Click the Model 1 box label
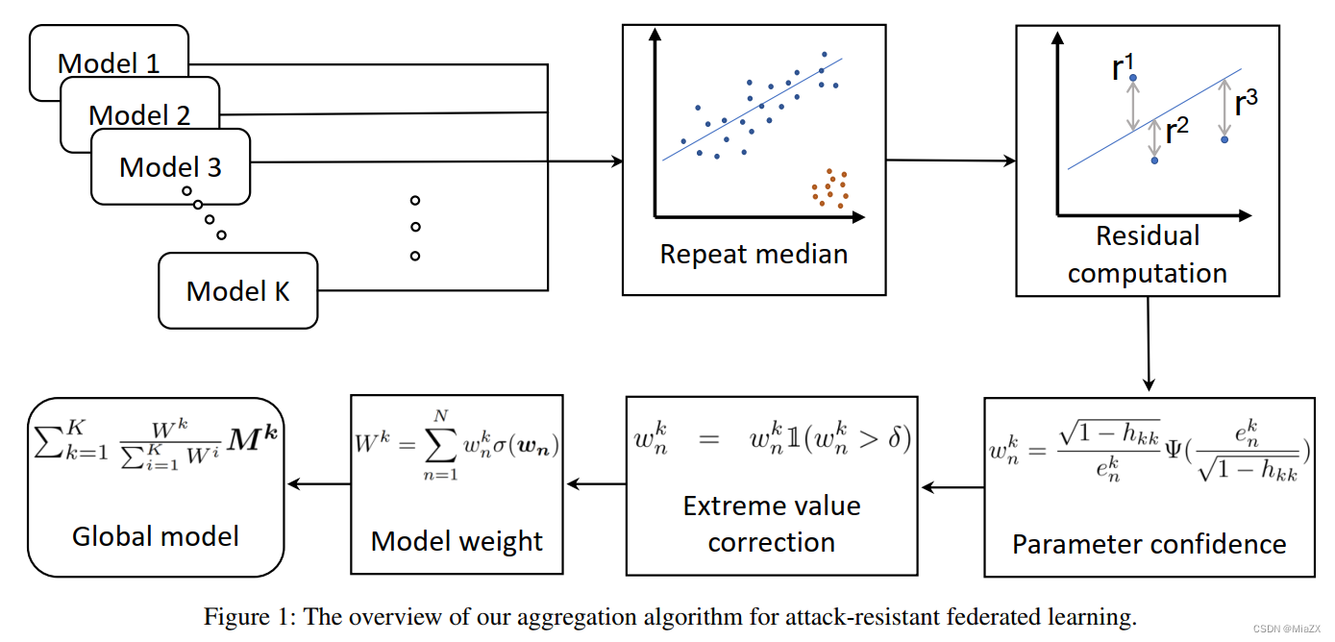(x=109, y=63)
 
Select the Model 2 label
(x=139, y=115)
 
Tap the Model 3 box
(x=170, y=167)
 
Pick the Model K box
(x=237, y=290)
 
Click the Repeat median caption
(x=754, y=255)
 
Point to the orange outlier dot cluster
(x=829, y=188)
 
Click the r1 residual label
(x=1123, y=66)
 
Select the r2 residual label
(x=1177, y=130)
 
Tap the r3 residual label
(x=1247, y=103)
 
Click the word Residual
(x=1148, y=235)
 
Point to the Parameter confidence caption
(x=1150, y=544)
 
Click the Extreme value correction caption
(x=772, y=524)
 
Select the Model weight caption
(x=457, y=541)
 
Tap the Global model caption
(x=156, y=536)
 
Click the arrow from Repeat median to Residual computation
(x=952, y=160)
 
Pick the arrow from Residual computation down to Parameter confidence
(x=1149, y=343)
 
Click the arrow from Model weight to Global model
(x=319, y=484)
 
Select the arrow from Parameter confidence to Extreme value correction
(x=953, y=487)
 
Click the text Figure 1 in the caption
(x=250, y=617)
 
